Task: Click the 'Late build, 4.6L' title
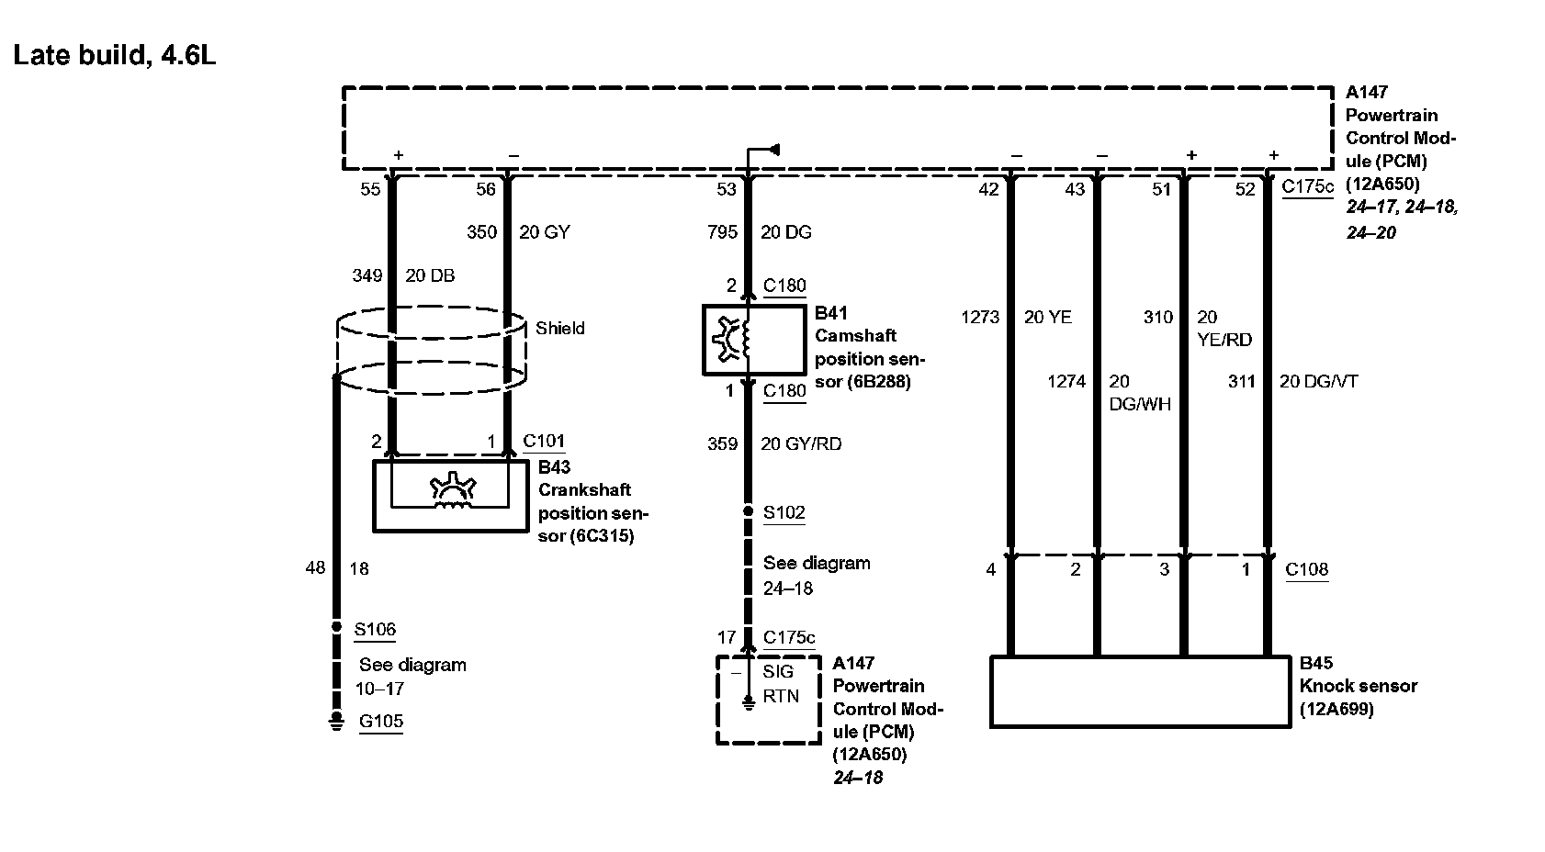[x=115, y=56]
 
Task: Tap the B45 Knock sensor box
[x=1140, y=691]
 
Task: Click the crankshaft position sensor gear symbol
[x=449, y=491]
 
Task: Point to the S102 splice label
[x=784, y=512]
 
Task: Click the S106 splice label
[x=375, y=630]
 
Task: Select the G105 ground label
[x=381, y=722]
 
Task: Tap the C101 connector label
[x=544, y=442]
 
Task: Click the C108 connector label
[x=1306, y=569]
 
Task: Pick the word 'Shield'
[x=560, y=328]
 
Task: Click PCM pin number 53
[x=727, y=190]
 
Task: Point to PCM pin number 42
[x=988, y=190]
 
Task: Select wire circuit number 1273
[x=980, y=318]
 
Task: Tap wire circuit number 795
[x=722, y=232]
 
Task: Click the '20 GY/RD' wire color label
[x=801, y=444]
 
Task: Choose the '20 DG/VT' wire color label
[x=1318, y=382]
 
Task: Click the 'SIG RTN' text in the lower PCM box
[x=780, y=684]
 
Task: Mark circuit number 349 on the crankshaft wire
[x=367, y=275]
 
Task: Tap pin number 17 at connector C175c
[x=727, y=637]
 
